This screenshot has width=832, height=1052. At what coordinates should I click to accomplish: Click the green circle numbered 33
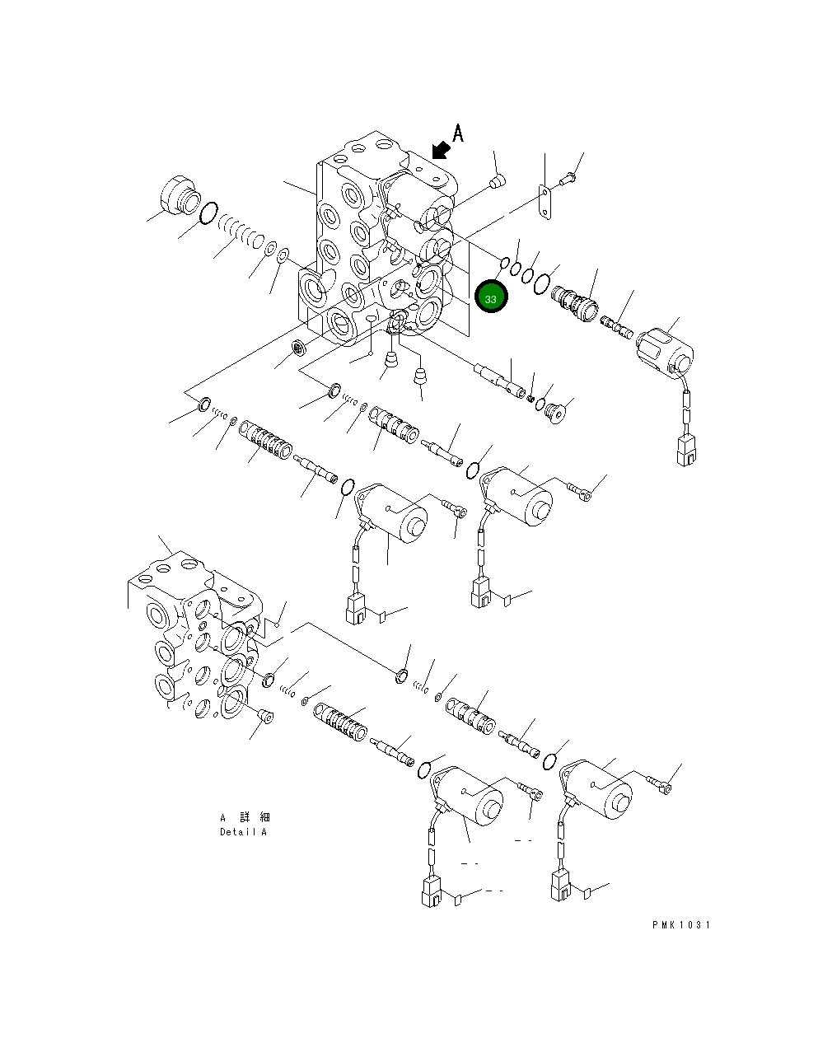pos(491,297)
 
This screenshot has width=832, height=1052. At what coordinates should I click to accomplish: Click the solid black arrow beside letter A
pos(441,149)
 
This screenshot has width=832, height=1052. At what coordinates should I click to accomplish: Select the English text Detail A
pos(243,832)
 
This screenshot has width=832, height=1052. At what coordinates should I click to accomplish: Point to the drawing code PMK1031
pos(680,925)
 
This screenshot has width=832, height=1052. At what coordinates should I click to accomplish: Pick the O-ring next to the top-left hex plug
pos(209,213)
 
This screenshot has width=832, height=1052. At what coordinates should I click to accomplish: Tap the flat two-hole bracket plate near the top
pos(544,203)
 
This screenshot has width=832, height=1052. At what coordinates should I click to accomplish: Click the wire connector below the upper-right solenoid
pos(685,452)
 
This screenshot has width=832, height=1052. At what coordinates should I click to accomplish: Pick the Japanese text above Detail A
pos(245,817)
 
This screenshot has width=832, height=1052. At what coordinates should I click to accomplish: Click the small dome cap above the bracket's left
pos(497,180)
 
